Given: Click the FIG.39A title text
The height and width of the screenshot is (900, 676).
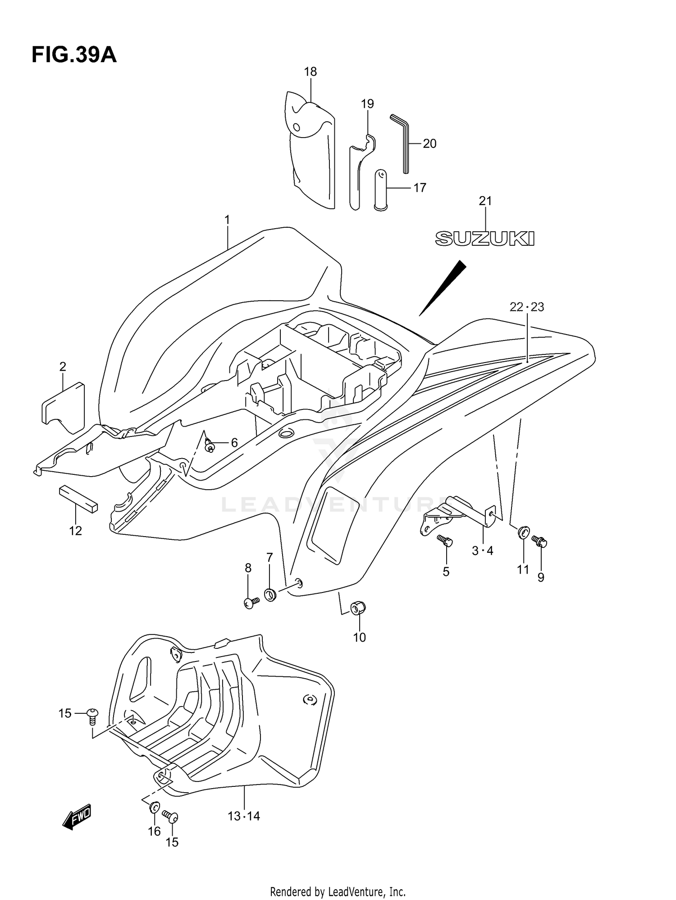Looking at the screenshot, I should click(74, 55).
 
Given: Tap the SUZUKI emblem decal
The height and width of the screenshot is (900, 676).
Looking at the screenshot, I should click(484, 239).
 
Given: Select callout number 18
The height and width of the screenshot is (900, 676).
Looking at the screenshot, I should click(310, 72).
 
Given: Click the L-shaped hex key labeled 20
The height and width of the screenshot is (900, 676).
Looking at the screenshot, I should click(402, 142).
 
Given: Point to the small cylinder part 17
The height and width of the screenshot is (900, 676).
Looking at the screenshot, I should click(381, 190).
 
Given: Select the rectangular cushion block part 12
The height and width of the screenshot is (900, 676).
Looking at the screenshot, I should click(78, 499).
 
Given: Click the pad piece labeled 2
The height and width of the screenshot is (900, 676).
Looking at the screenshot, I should click(64, 409).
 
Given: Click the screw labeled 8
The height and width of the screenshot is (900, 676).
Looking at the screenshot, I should click(251, 602).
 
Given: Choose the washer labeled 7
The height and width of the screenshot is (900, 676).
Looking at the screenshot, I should click(270, 595).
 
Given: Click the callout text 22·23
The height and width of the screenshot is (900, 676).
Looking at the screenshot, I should click(526, 307).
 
